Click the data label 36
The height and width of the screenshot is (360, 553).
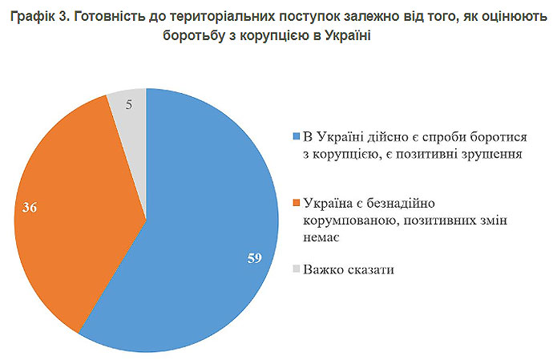[x=30, y=208]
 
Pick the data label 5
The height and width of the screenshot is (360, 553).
[x=130, y=103]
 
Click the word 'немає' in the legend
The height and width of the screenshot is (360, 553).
[x=320, y=238]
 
